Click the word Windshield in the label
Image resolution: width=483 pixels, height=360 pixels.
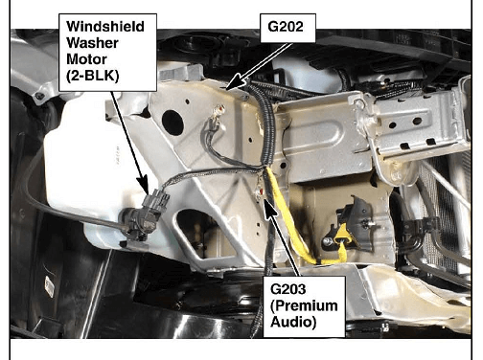[105, 27]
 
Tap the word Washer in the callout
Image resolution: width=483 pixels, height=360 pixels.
[92, 43]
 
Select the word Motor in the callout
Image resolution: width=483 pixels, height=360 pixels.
[86, 59]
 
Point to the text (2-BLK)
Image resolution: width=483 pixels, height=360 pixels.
[93, 76]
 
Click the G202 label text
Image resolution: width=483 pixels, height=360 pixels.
[286, 27]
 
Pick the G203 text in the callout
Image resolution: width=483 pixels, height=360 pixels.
[287, 289]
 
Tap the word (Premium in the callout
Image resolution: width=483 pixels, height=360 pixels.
[304, 305]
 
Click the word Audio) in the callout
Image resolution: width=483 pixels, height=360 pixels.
[293, 322]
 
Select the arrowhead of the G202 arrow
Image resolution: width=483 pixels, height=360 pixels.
[234, 84]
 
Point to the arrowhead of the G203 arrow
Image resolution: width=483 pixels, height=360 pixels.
[270, 208]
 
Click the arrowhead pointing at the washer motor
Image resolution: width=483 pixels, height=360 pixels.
[144, 186]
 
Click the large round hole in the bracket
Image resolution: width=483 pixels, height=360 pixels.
[172, 122]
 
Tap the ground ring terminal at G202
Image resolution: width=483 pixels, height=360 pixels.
[219, 111]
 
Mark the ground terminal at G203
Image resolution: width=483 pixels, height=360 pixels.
[261, 191]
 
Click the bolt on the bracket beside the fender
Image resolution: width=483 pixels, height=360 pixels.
[39, 96]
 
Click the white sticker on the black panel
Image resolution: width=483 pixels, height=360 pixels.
[50, 287]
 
